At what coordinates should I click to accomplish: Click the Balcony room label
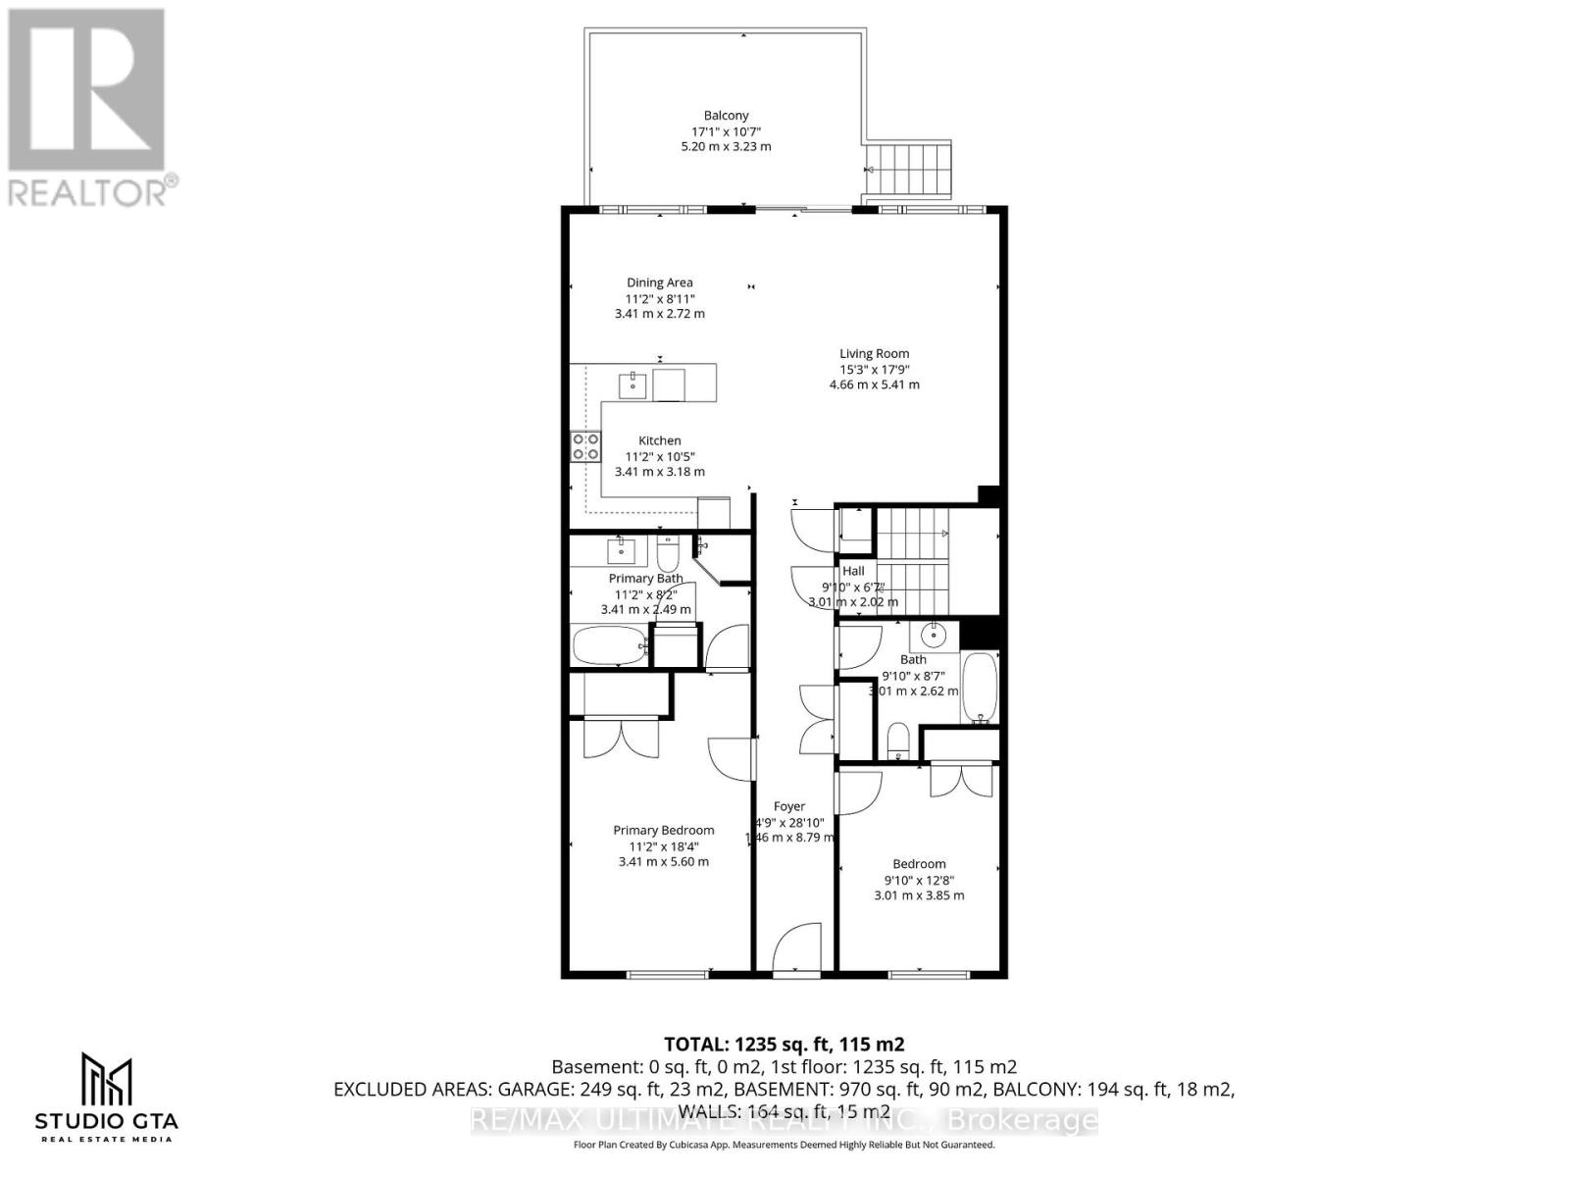pyautogui.click(x=726, y=116)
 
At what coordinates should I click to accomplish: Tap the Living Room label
pyautogui.click(x=874, y=353)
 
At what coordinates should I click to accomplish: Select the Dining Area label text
pyautogui.click(x=660, y=282)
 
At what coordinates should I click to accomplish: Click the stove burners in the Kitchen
pyautogui.click(x=585, y=446)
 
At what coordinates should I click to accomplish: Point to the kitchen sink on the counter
pyautogui.click(x=633, y=383)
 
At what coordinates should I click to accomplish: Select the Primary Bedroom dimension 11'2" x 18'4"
pyautogui.click(x=664, y=846)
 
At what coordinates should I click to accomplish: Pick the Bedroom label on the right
pyautogui.click(x=919, y=864)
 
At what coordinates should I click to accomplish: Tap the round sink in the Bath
pyautogui.click(x=935, y=635)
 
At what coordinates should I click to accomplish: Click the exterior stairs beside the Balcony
pyautogui.click(x=912, y=170)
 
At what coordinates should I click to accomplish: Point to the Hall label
pyautogui.click(x=853, y=571)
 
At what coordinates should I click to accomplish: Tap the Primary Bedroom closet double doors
pyautogui.click(x=622, y=738)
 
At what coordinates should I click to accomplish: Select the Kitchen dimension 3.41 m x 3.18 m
pyautogui.click(x=659, y=472)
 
